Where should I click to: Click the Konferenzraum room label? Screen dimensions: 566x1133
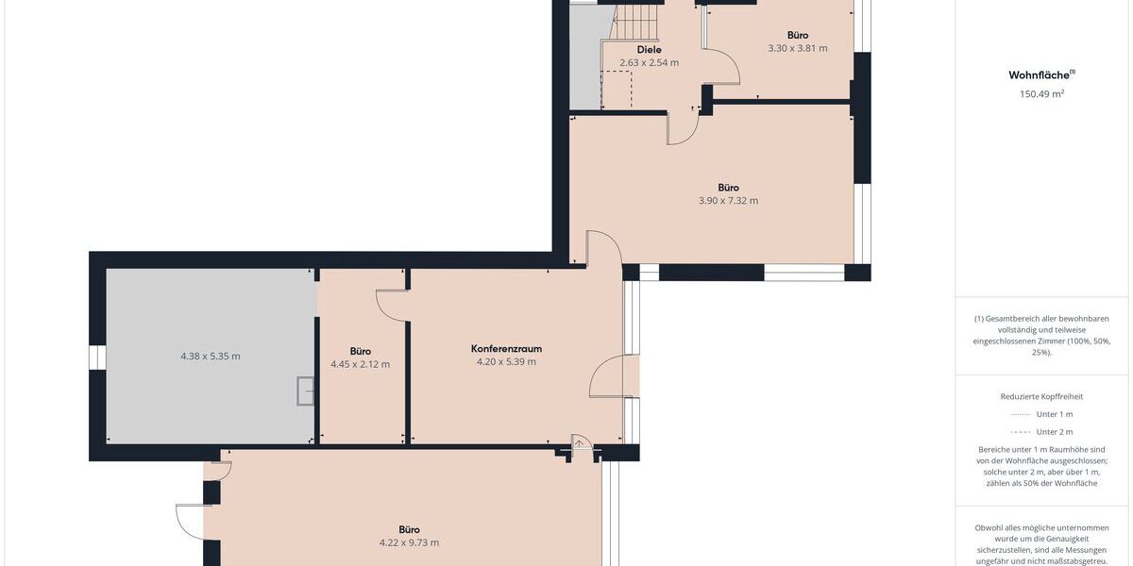pyautogui.click(x=506, y=348)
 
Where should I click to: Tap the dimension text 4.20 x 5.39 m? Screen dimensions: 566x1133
pyautogui.click(x=506, y=361)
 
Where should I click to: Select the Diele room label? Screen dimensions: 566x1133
pyautogui.click(x=649, y=49)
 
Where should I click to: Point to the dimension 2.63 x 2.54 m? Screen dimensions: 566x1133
pyautogui.click(x=649, y=63)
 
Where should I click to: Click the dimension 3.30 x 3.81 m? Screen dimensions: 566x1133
pyautogui.click(x=797, y=48)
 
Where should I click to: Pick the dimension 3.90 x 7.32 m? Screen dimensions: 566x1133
pyautogui.click(x=727, y=201)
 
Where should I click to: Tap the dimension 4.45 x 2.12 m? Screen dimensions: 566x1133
pyautogui.click(x=360, y=364)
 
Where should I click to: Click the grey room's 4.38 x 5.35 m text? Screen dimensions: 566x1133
pyautogui.click(x=210, y=356)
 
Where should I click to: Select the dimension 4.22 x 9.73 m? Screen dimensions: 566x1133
pyautogui.click(x=409, y=542)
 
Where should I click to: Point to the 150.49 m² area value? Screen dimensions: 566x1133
pyautogui.click(x=1042, y=93)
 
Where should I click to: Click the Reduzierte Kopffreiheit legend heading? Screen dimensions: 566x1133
pyautogui.click(x=1041, y=397)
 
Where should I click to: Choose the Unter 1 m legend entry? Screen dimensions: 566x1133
pyautogui.click(x=1041, y=414)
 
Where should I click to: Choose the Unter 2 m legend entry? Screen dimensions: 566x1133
pyautogui.click(x=1041, y=431)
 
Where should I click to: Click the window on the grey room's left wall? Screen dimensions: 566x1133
pyautogui.click(x=97, y=358)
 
